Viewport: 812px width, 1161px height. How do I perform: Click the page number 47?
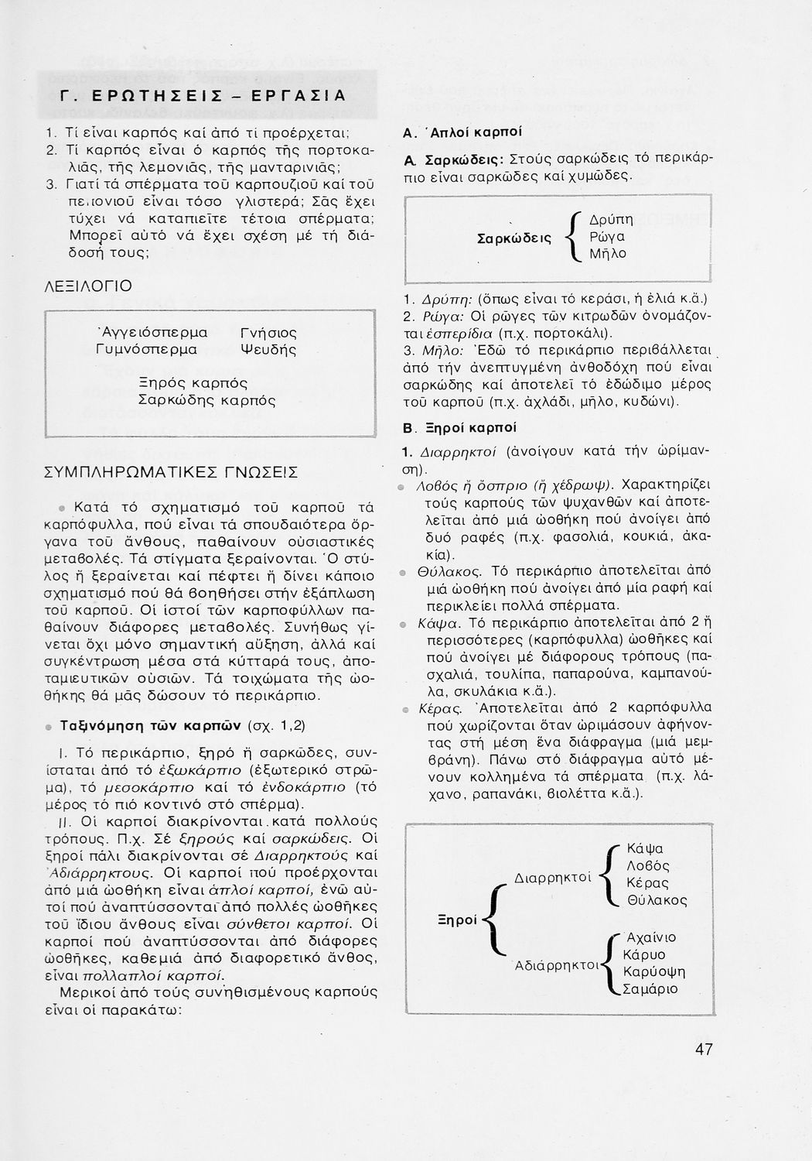pyautogui.click(x=703, y=1050)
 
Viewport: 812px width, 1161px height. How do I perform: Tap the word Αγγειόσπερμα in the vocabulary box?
pyautogui.click(x=152, y=333)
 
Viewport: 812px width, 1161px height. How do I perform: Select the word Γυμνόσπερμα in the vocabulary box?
pyautogui.click(x=147, y=350)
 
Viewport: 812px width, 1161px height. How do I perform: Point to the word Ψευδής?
pyautogui.click(x=269, y=350)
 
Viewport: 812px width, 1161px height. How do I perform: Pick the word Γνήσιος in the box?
pyautogui.click(x=269, y=333)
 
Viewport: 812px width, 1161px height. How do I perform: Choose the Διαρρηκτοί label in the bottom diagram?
pyautogui.click(x=552, y=877)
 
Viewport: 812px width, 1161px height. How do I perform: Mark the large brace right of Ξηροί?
pyautogui.click(x=492, y=920)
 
